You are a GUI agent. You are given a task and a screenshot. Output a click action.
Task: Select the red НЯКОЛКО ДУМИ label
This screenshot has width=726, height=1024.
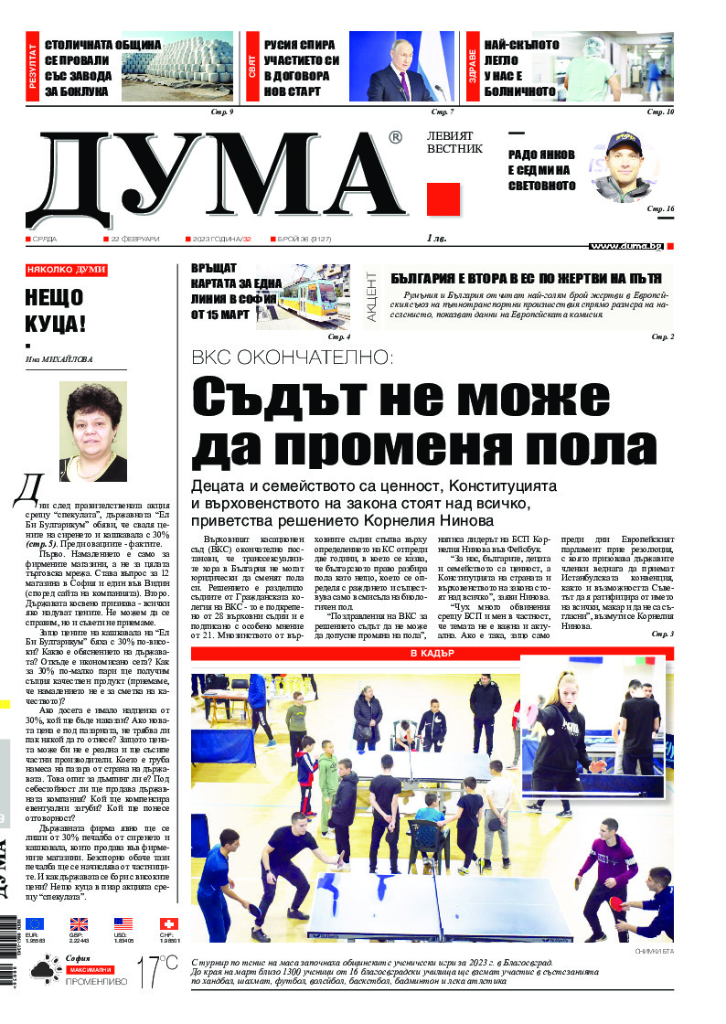pos(66,270)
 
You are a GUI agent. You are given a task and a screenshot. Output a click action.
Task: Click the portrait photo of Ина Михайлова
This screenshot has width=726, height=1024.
pos(92,432)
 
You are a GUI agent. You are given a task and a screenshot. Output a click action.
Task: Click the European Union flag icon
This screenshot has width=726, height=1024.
pos(34,924)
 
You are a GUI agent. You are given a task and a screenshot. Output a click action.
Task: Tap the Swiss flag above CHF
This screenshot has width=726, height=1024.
pos(168,924)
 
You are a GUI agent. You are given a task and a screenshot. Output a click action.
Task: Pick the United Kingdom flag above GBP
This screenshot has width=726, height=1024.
pos(79,924)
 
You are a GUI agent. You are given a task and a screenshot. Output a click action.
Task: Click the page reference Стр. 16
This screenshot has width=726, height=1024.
pos(660,209)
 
